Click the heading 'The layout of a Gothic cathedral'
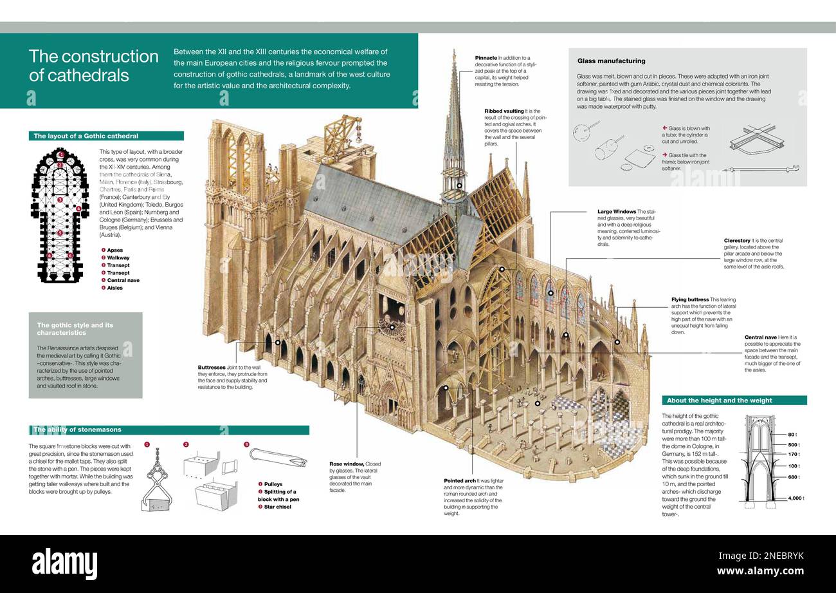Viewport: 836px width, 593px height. (86, 136)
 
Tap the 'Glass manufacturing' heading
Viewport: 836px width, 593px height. (611, 61)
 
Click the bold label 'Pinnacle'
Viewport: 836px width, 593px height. (486, 58)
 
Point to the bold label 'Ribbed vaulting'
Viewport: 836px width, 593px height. (504, 111)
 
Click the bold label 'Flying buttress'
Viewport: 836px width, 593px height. (690, 299)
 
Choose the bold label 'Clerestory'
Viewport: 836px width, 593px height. (737, 241)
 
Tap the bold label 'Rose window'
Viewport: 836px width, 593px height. (346, 464)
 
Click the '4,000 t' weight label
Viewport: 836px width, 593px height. (796, 498)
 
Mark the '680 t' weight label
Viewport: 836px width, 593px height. (794, 477)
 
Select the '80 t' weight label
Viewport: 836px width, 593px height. (792, 435)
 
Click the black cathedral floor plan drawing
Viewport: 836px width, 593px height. (60, 215)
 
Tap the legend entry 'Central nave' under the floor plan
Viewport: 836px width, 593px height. (123, 281)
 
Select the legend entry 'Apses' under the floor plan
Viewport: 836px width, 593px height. (114, 250)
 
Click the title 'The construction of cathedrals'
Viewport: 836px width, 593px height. (93, 66)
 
